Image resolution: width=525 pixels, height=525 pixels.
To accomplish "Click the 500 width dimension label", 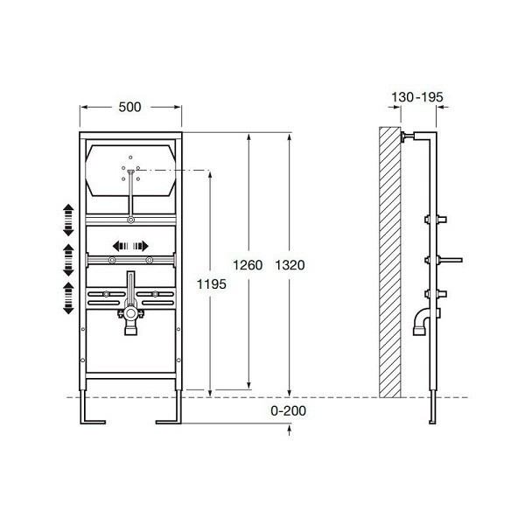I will coord(131,108).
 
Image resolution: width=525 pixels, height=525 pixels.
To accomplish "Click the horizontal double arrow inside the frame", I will coord(130,246).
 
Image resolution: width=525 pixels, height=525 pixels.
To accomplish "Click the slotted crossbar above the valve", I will coord(129,293).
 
